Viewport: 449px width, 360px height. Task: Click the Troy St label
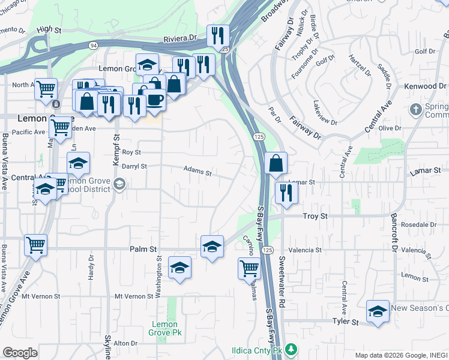click(315, 216)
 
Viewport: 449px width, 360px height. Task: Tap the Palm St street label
click(143, 249)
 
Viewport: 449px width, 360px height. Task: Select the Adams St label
click(197, 173)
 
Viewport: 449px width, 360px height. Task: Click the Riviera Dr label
click(180, 38)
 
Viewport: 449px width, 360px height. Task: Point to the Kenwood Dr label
click(429, 86)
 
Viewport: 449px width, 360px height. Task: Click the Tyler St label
click(345, 322)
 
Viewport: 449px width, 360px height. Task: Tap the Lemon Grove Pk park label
click(165, 328)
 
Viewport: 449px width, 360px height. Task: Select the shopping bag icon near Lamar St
click(276, 163)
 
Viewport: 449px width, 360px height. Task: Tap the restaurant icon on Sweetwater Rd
click(286, 193)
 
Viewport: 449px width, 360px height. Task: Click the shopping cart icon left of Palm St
click(35, 244)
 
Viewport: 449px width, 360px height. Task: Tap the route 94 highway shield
click(94, 45)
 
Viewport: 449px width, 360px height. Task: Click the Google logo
click(20, 353)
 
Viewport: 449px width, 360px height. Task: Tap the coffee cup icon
click(155, 99)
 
